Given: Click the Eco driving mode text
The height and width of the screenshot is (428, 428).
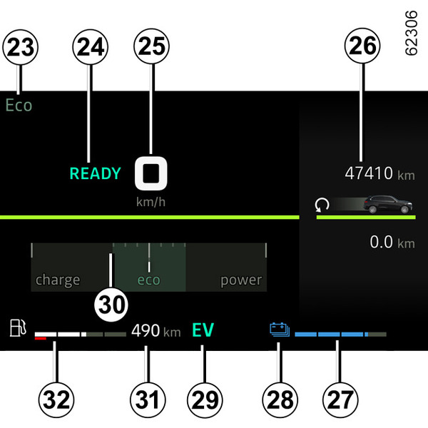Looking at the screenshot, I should pos(19,106).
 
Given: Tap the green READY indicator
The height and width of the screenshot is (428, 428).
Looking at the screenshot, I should pos(95,173).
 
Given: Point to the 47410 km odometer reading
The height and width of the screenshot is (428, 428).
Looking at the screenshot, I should pos(379,173).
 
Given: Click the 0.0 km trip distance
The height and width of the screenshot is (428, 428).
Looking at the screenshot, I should pos(392,243).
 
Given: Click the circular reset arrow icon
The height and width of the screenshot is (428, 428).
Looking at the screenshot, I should pos(324,206).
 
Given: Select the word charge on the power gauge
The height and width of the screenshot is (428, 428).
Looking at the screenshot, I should pos(58,280).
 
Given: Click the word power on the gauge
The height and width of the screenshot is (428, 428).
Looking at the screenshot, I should pos(240,280).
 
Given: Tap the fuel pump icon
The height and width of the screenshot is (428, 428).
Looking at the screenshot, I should pos(19,329).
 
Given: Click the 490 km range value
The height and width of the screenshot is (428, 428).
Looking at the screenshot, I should pos(156,331).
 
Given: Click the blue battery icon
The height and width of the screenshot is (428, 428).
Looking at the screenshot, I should pos(279,330).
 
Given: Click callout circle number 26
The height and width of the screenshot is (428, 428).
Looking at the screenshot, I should pos(362,49).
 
